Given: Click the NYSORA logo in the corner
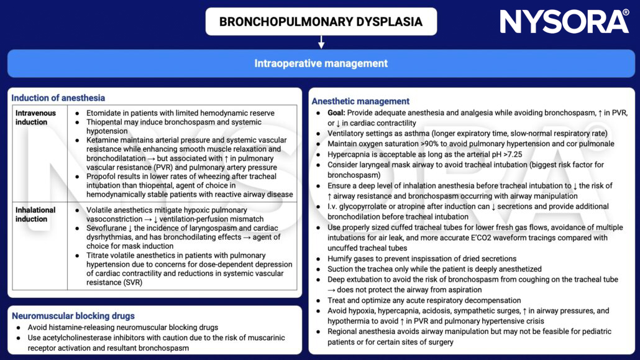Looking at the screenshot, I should click(x=564, y=21).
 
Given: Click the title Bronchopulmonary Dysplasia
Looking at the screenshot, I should click(x=321, y=22).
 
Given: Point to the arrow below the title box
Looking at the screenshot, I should click(x=321, y=42).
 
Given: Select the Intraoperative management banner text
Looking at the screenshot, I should click(x=321, y=63).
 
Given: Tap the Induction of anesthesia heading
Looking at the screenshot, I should click(x=58, y=98).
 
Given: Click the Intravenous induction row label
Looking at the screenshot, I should click(x=35, y=118).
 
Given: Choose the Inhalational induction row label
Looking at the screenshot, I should click(x=35, y=215).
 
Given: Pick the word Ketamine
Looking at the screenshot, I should click(x=104, y=141).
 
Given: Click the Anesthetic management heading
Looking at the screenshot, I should click(x=360, y=101).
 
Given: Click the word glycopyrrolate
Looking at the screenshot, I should click(x=371, y=206).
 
